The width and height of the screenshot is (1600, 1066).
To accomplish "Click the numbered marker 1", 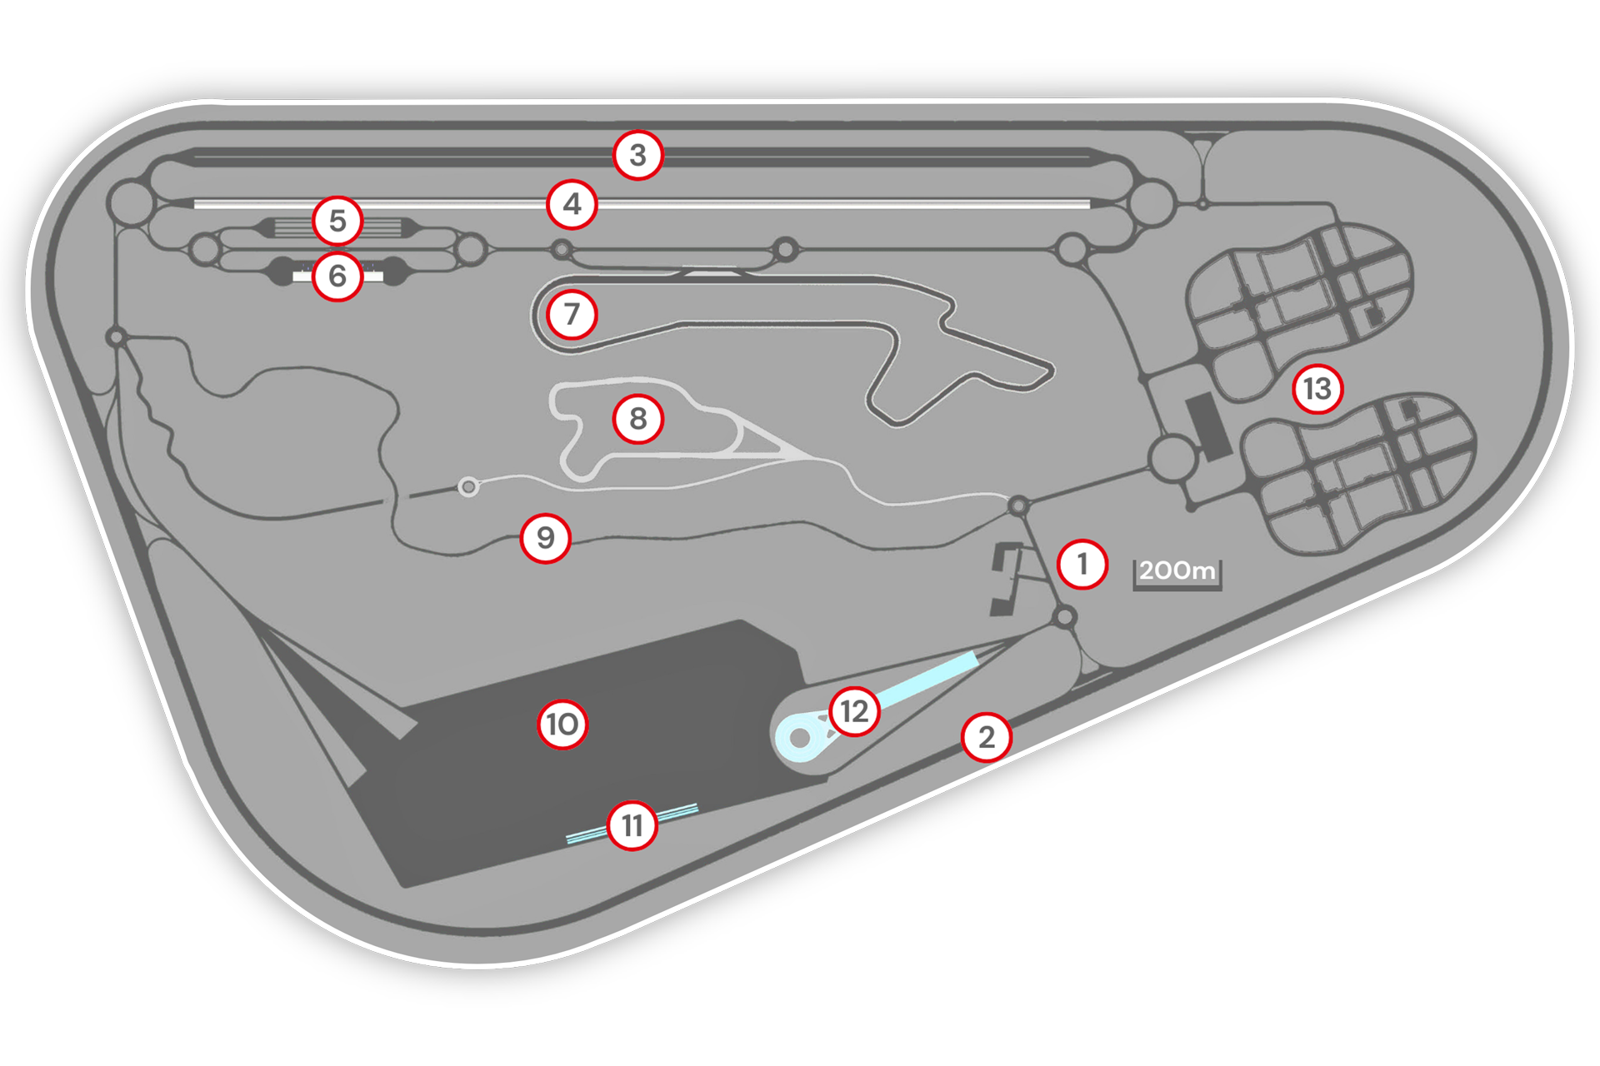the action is pos(1082,564).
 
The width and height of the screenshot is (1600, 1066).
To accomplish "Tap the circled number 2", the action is pos(987,737).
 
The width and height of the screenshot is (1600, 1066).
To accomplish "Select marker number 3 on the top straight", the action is pos(638,155).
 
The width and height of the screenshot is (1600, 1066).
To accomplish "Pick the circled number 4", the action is pos(572,204).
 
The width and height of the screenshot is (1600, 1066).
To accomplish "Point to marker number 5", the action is pos(337,221).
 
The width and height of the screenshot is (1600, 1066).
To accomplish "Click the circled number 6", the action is pos(337,276).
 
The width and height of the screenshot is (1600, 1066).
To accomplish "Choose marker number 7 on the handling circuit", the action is pos(572,314).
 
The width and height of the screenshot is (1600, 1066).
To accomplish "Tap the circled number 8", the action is pos(638,419).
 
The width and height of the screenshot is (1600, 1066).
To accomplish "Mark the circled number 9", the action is pos(546,538).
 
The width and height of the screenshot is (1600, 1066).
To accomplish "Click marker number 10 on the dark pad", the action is pos(562,725).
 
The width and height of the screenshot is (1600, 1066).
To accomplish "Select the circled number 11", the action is pos(632,825).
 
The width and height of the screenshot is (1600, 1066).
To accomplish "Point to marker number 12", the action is pos(855,711).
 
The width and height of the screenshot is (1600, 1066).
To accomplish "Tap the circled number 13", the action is pos(1317,388).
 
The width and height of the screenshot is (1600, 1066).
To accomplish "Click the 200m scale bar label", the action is pos(1177,570).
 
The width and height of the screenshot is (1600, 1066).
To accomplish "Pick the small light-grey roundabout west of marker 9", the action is pos(469,486).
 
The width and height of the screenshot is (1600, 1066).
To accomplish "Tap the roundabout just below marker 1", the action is pos(1065,617).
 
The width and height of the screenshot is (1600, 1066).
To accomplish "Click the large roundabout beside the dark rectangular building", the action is pos(1172,458).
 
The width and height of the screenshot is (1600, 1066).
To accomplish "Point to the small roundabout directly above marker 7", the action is pos(562,249).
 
